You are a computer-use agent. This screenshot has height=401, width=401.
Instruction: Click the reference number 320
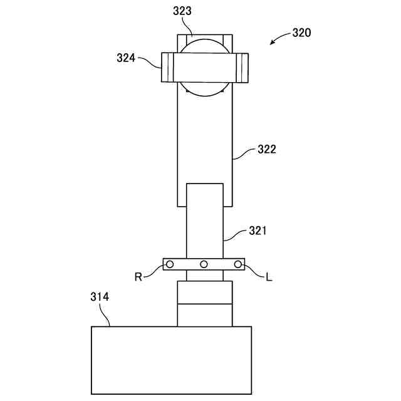click(302, 33)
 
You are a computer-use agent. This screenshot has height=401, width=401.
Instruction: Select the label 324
click(127, 58)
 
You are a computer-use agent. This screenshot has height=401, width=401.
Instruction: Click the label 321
click(258, 231)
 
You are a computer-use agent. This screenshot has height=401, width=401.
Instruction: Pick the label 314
click(99, 297)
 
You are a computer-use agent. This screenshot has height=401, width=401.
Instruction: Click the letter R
click(138, 276)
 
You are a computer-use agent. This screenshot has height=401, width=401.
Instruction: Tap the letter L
click(269, 276)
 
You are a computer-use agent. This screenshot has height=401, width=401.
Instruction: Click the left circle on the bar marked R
click(169, 264)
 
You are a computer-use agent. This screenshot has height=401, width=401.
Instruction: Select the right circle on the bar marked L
click(238, 264)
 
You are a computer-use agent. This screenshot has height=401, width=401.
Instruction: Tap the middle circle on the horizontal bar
click(204, 264)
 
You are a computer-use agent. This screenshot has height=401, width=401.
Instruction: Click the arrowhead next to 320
click(272, 43)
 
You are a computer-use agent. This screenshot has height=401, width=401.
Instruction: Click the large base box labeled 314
click(171, 360)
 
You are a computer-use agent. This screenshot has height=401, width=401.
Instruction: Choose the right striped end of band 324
click(242, 68)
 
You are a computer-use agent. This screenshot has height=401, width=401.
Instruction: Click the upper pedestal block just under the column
click(204, 293)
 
